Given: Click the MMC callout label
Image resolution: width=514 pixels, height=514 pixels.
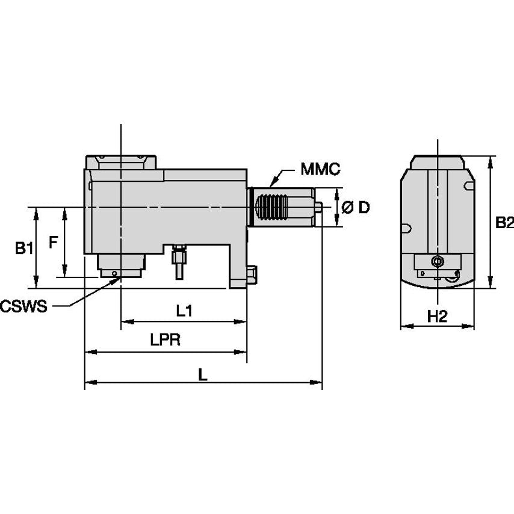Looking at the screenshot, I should point(321,170).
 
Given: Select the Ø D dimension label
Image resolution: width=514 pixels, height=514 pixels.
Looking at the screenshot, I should point(355,208).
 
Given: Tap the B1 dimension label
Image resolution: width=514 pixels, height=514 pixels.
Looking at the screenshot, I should point(23,247).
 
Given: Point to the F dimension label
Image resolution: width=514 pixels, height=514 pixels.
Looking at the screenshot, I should point(53,242).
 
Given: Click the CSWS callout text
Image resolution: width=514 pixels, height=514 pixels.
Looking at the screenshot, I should point(23,307).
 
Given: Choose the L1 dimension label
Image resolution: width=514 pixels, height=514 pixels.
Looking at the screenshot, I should point(184,311).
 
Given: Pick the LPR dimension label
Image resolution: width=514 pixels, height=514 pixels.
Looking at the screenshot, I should point(166,340).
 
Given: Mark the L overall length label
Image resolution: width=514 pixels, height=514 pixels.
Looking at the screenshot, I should point(203,374).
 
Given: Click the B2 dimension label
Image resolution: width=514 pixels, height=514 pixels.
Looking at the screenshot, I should point(504,223).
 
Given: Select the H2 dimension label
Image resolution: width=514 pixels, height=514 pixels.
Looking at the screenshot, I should point(438,316).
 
